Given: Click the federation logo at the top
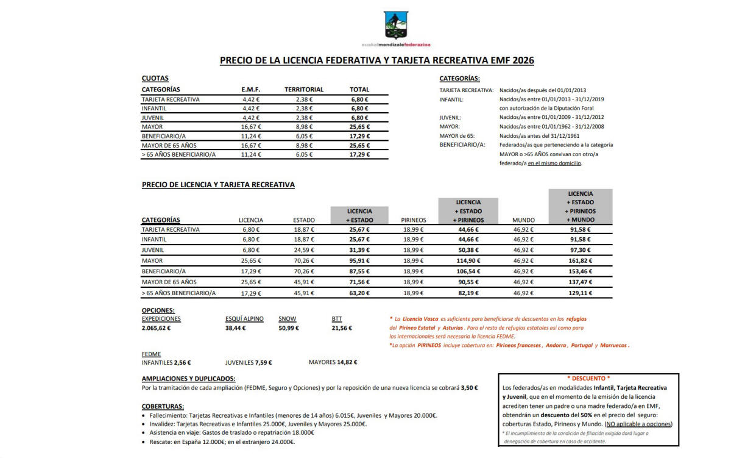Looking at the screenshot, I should tap(397, 25).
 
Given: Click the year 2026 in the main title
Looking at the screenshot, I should tap(523, 60).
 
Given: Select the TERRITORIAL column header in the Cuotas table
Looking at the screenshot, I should tap(304, 90).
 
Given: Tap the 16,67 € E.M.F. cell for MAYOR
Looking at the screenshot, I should tap(251, 127).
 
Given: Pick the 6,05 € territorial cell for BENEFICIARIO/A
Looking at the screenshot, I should tap(304, 136).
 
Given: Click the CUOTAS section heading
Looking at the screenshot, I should tap(155, 78).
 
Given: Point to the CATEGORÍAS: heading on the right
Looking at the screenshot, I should tap(459, 78).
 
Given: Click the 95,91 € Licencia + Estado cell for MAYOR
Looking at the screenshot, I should tap(359, 261).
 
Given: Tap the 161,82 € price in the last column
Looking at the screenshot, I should tap(580, 261).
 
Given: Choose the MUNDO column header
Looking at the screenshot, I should tap(523, 220).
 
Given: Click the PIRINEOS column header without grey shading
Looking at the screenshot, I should tap(414, 220).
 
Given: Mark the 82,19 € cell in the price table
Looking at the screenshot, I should tap(468, 293).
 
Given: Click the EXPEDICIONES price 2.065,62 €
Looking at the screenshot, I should tap(156, 328).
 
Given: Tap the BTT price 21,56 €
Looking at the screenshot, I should tap(342, 328).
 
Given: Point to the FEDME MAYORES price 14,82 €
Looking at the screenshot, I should tap(347, 362).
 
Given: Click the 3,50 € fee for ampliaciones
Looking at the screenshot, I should tap(469, 387).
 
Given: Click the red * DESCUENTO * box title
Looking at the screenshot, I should tap(588, 378).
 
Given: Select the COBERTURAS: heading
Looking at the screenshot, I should tap(163, 406).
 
